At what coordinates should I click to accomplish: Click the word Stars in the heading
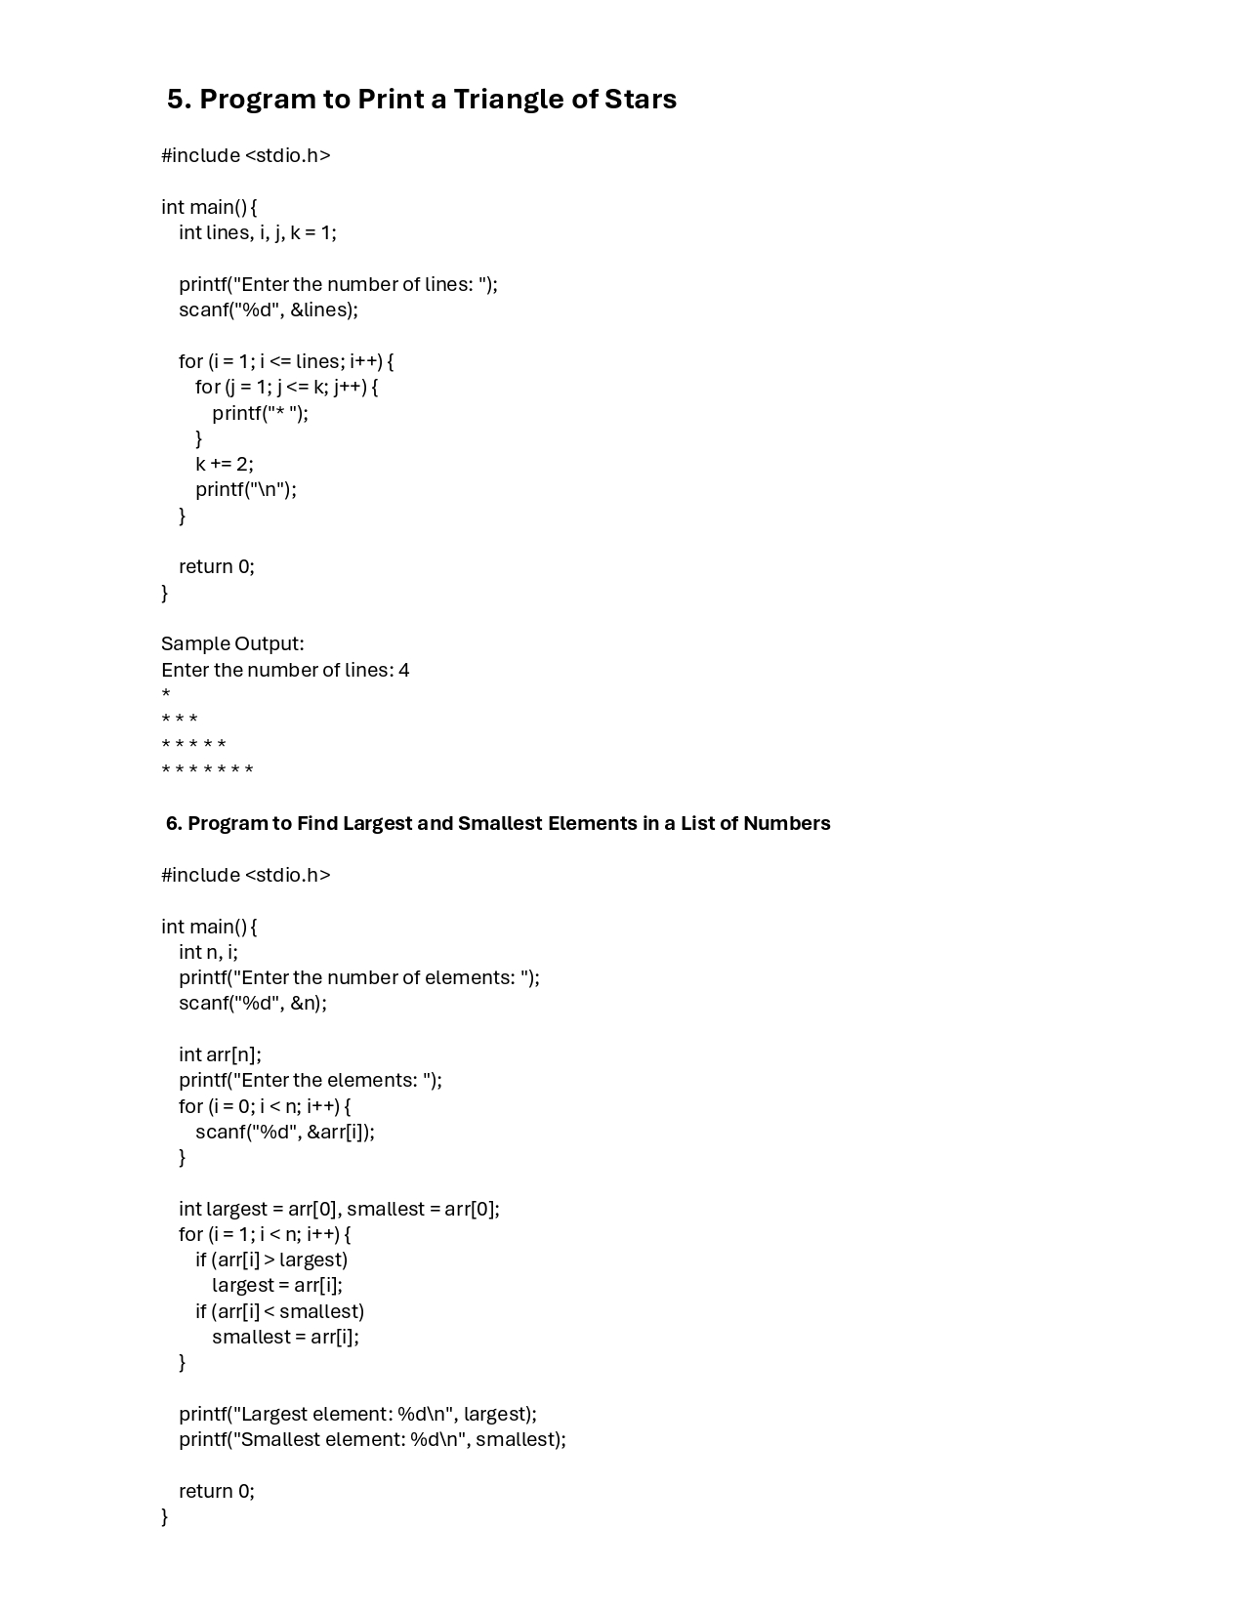click(x=641, y=100)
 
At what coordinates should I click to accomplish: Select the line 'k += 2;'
click(x=225, y=464)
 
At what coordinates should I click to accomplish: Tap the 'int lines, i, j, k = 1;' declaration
click(x=258, y=232)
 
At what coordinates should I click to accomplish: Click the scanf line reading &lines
click(x=269, y=310)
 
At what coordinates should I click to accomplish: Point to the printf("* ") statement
click(x=260, y=413)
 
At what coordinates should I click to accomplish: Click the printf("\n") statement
click(x=246, y=489)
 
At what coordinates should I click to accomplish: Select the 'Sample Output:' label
click(x=232, y=643)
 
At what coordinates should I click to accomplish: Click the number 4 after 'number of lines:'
click(x=404, y=670)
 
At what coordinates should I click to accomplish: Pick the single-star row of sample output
click(x=166, y=694)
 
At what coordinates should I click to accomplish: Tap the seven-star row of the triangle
click(x=207, y=771)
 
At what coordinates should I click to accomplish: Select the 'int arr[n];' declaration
click(x=220, y=1054)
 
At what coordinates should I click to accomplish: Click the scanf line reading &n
click(x=253, y=1003)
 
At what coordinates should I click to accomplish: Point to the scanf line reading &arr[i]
click(x=285, y=1132)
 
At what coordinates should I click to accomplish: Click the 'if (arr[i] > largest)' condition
click(x=271, y=1260)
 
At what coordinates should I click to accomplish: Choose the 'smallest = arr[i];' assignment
click(x=285, y=1337)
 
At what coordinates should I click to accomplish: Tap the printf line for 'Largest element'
click(x=357, y=1414)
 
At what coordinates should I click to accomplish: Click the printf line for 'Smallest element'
click(x=372, y=1439)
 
